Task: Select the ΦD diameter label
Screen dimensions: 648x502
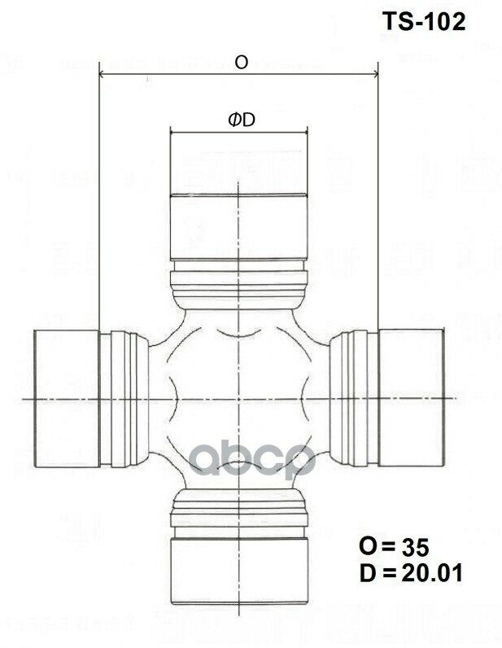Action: (x=242, y=120)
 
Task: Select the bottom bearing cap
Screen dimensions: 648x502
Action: (x=238, y=570)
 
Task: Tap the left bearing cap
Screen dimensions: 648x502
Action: (x=65, y=398)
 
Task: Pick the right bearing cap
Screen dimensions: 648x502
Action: (x=411, y=398)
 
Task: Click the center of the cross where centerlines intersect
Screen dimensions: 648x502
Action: (x=238, y=398)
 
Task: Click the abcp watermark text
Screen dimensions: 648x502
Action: (x=252, y=462)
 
